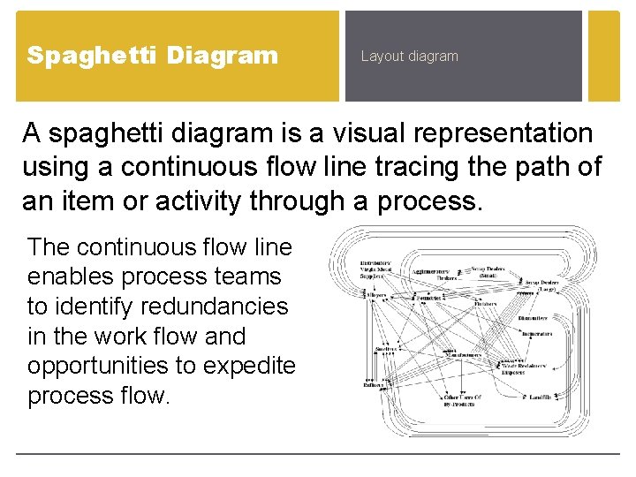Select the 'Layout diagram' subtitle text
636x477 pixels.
(x=409, y=57)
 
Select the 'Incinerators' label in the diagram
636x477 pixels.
(x=535, y=334)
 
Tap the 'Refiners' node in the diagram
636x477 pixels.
(x=373, y=384)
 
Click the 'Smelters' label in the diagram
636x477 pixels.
(x=386, y=349)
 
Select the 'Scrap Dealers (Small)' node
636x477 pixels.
(x=489, y=271)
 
